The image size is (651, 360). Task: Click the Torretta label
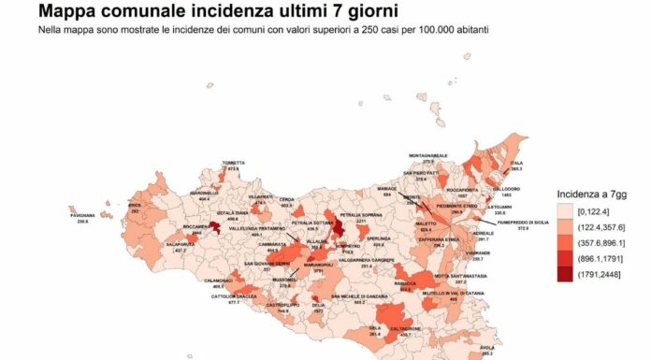(233, 164)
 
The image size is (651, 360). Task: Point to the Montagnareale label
(428, 155)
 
